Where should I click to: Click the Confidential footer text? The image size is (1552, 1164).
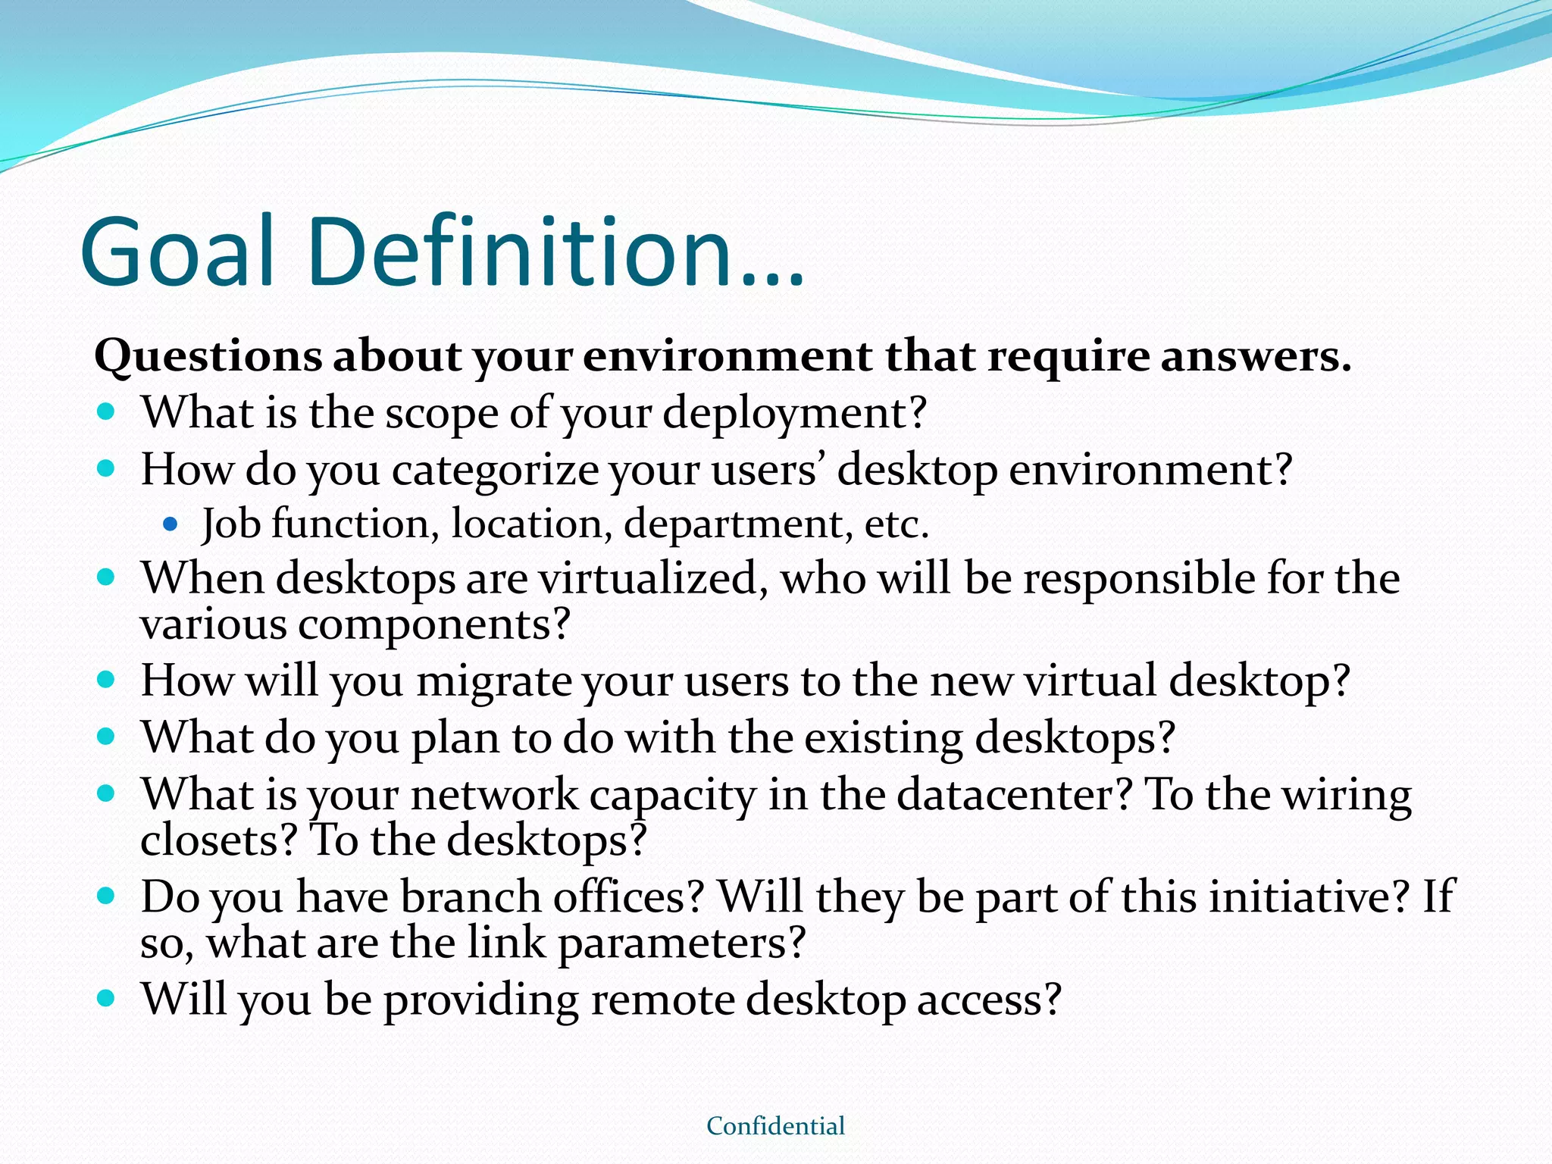pos(775,1126)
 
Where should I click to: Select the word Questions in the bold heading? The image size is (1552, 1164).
pos(208,356)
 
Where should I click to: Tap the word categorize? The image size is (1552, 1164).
pos(495,470)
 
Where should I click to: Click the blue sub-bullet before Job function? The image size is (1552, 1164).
pos(170,524)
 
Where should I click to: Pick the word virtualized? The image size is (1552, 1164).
pos(649,579)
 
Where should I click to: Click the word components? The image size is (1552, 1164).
pos(433,625)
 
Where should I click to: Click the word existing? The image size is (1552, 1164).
pos(883,737)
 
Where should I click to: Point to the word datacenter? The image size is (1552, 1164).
pos(1015,795)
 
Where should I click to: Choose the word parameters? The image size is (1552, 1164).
pos(681,943)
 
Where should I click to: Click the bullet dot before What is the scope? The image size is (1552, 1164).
pos(106,413)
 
